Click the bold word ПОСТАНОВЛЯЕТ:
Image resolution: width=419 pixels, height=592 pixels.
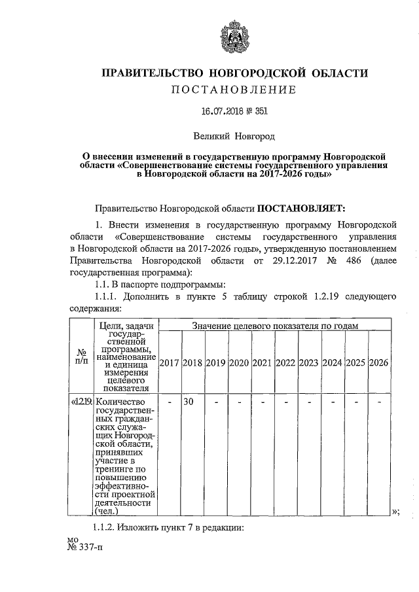click(299, 209)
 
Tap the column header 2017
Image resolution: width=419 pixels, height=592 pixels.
click(170, 362)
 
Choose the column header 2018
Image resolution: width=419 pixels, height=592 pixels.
click(192, 362)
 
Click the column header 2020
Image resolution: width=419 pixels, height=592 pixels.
click(240, 362)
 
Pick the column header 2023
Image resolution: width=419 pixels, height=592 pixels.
click(310, 362)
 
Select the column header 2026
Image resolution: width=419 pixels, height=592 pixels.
click(379, 362)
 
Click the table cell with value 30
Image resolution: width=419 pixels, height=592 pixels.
click(187, 402)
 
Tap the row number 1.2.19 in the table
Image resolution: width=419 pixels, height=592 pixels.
click(82, 402)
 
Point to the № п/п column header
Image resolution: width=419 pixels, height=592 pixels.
click(82, 358)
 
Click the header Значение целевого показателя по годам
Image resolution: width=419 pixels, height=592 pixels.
click(275, 325)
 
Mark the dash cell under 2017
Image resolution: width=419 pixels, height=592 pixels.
click(170, 402)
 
